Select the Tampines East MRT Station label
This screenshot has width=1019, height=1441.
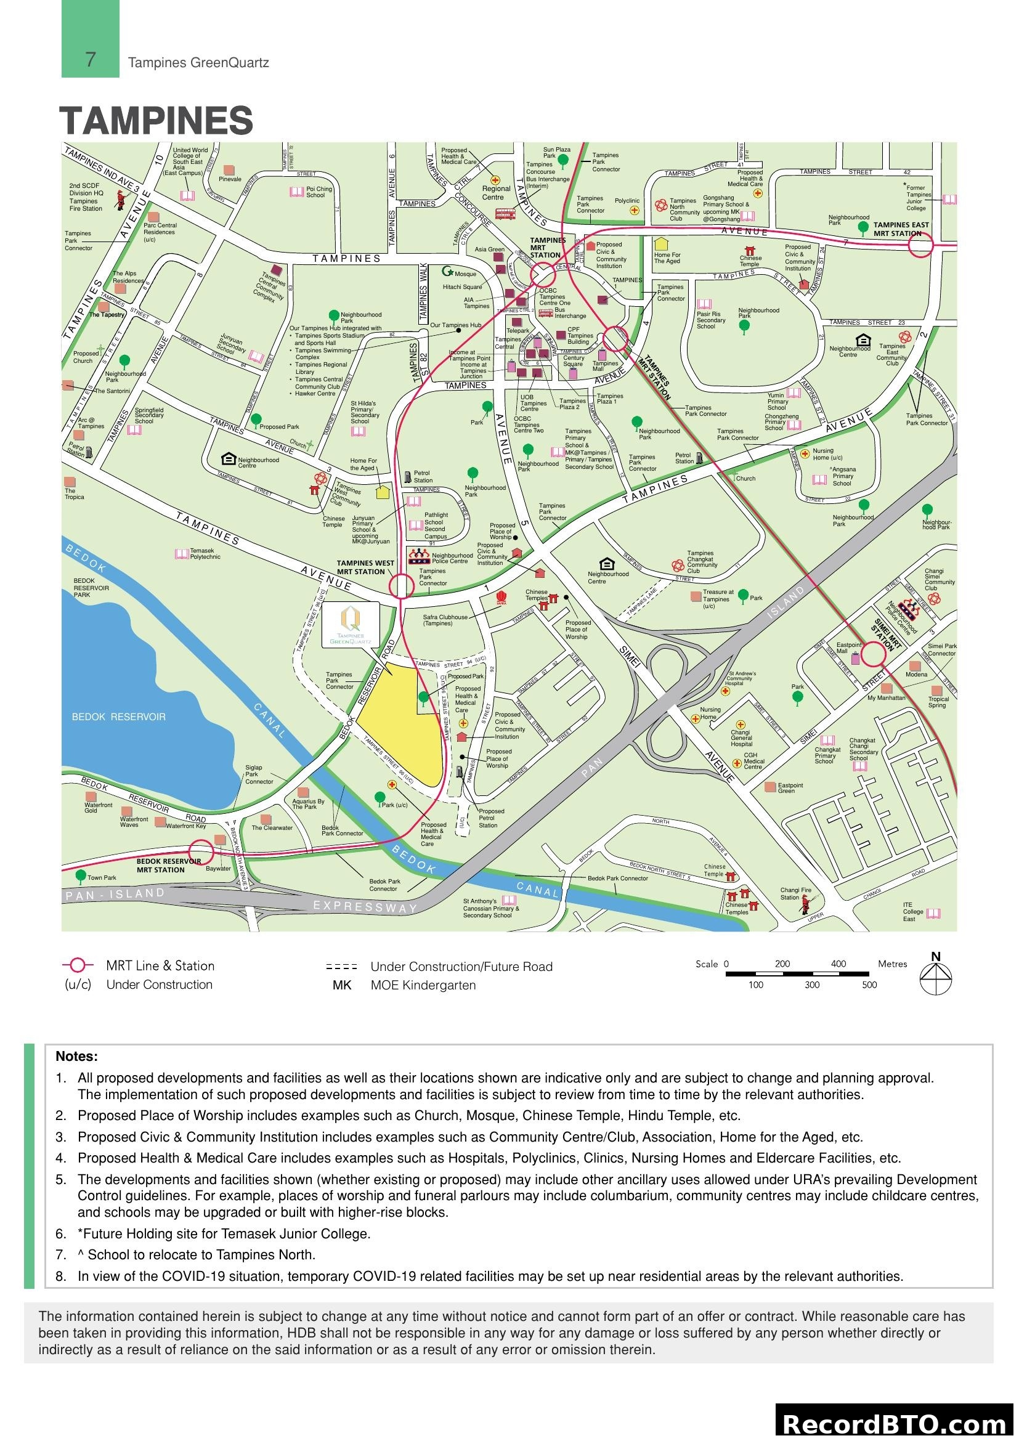[901, 229]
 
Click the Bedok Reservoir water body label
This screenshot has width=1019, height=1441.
[118, 716]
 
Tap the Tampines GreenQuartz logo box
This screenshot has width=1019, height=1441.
[350, 625]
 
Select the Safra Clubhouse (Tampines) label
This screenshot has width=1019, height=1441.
[445, 620]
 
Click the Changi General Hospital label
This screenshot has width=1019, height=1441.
[741, 738]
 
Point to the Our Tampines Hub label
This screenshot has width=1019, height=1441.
[455, 325]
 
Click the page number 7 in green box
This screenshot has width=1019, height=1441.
[91, 60]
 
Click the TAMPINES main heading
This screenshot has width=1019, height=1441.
[156, 121]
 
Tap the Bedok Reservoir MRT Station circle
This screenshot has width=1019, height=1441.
[201, 852]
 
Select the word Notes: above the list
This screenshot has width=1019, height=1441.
[76, 1057]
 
